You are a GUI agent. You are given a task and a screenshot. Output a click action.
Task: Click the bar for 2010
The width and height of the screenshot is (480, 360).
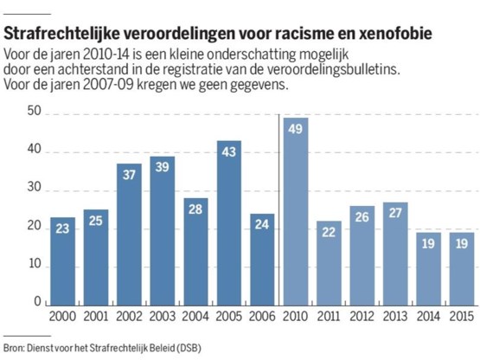pos(296,212)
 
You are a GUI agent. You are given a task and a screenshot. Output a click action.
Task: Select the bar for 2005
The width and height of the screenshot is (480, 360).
pos(229,223)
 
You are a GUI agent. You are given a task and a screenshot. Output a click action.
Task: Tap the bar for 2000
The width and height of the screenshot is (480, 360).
pos(63,261)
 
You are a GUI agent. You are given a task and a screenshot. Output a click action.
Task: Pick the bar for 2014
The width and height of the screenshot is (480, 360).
pos(429,269)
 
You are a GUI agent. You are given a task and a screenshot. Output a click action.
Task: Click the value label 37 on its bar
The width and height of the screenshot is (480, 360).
pos(129,175)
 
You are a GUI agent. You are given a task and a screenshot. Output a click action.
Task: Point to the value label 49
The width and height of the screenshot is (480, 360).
pos(296,129)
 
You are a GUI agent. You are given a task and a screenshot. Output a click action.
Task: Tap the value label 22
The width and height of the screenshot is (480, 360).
pos(329,232)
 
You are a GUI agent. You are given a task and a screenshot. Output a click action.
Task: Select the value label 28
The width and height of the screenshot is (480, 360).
pos(195,209)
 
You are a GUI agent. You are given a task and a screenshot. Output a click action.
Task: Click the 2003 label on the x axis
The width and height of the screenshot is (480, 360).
pos(163,317)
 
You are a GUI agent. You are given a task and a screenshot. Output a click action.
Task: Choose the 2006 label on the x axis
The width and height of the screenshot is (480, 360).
pos(262,317)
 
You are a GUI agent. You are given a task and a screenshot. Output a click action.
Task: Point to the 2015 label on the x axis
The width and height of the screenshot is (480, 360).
pos(462,317)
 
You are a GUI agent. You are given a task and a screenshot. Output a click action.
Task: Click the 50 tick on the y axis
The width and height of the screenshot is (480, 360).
pos(34,111)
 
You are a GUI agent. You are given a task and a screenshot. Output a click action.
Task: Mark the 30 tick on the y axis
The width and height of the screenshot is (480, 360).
pos(34,187)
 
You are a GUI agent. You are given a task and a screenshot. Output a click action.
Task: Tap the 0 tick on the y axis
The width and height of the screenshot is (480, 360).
pos(38,302)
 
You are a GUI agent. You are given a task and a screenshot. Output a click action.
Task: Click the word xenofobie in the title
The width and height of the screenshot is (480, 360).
pos(395,34)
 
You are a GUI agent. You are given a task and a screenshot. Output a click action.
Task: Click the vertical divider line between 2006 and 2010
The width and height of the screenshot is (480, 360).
pos(278,210)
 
